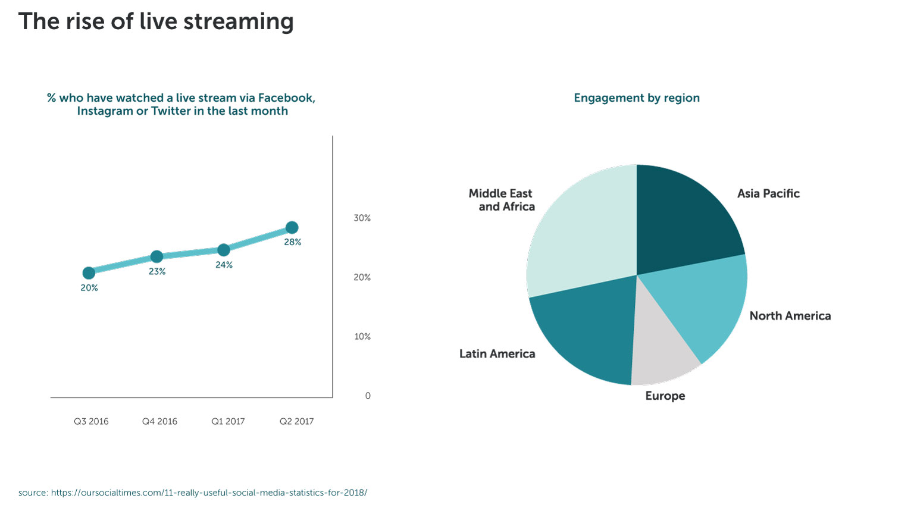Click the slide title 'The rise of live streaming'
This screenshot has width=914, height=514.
(x=156, y=21)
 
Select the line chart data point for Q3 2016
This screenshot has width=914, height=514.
(x=89, y=273)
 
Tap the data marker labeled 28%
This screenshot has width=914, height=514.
(x=292, y=227)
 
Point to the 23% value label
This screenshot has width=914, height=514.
(x=157, y=271)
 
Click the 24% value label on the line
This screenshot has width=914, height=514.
(x=224, y=265)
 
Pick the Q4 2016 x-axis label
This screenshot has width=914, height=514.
(x=159, y=421)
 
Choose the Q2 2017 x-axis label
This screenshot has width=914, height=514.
(x=296, y=421)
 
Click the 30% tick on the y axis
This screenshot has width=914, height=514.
(x=362, y=218)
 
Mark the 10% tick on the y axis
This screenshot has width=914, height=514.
(x=362, y=337)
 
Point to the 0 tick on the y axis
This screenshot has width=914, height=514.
(x=368, y=396)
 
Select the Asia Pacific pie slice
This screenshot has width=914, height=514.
(x=684, y=220)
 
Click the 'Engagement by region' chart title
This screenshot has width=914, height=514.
(x=637, y=98)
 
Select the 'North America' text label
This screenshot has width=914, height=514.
(x=790, y=316)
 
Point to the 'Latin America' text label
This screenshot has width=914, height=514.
(x=497, y=354)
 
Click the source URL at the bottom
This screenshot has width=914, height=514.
(x=209, y=493)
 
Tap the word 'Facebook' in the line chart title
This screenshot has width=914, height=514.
(x=286, y=98)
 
